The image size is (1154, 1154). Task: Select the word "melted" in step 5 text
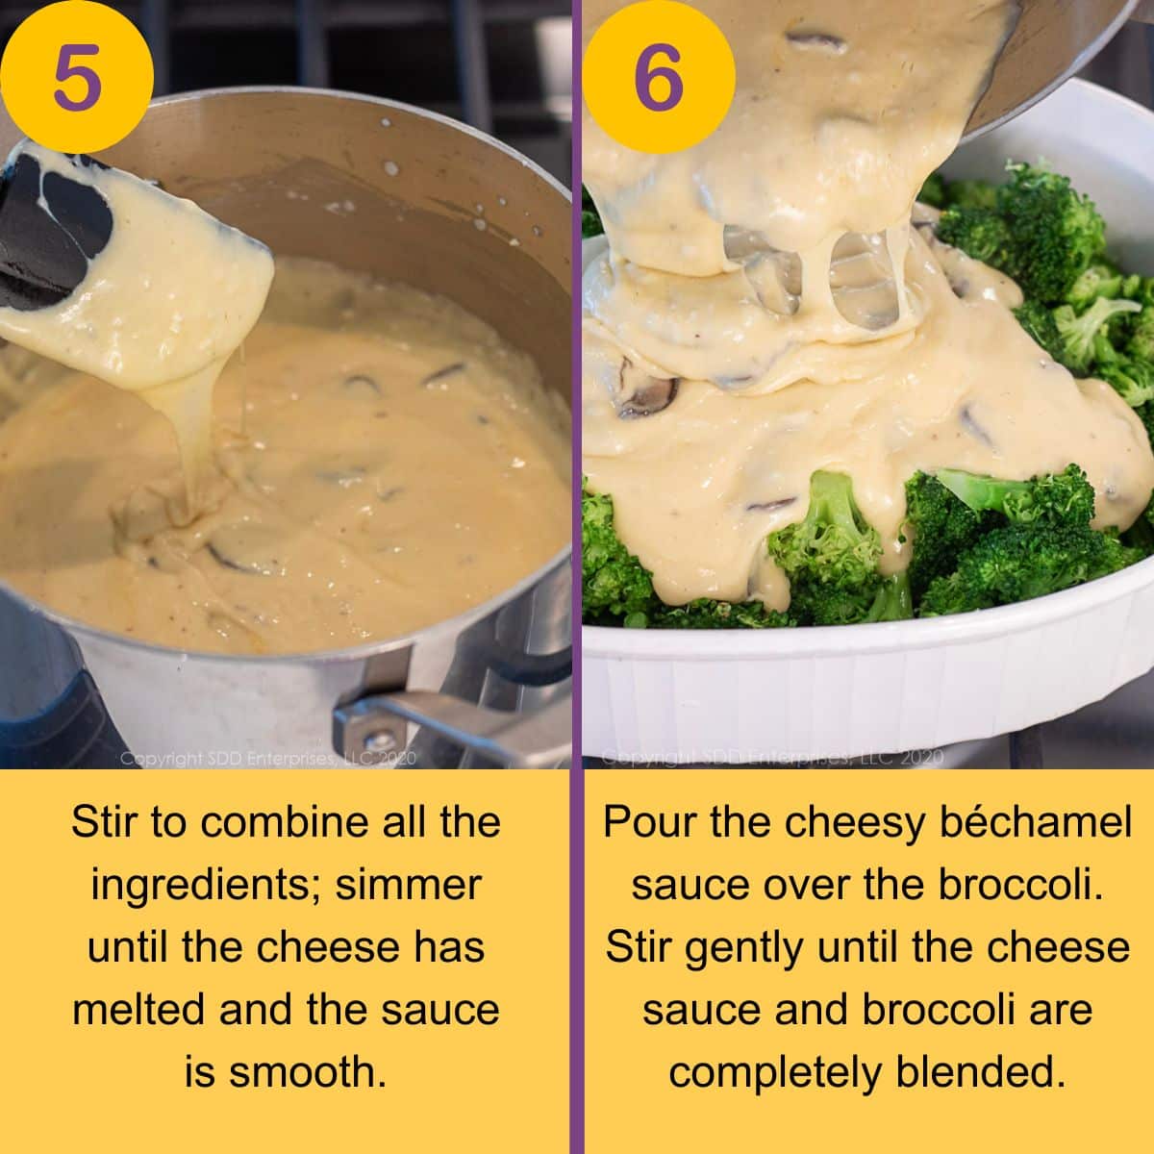coord(138,1010)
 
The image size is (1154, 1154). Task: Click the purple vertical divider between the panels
coord(576,577)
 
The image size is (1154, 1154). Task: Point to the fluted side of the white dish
coord(865,673)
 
